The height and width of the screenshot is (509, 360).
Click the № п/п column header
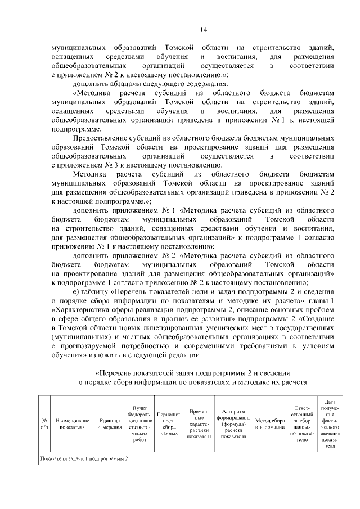(44, 423)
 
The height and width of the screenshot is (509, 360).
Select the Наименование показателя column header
(71, 423)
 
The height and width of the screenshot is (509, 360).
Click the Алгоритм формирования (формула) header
(233, 423)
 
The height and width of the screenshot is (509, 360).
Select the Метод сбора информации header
(269, 423)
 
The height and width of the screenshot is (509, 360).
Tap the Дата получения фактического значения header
(330, 423)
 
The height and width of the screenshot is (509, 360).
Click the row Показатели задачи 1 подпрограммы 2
(84, 458)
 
